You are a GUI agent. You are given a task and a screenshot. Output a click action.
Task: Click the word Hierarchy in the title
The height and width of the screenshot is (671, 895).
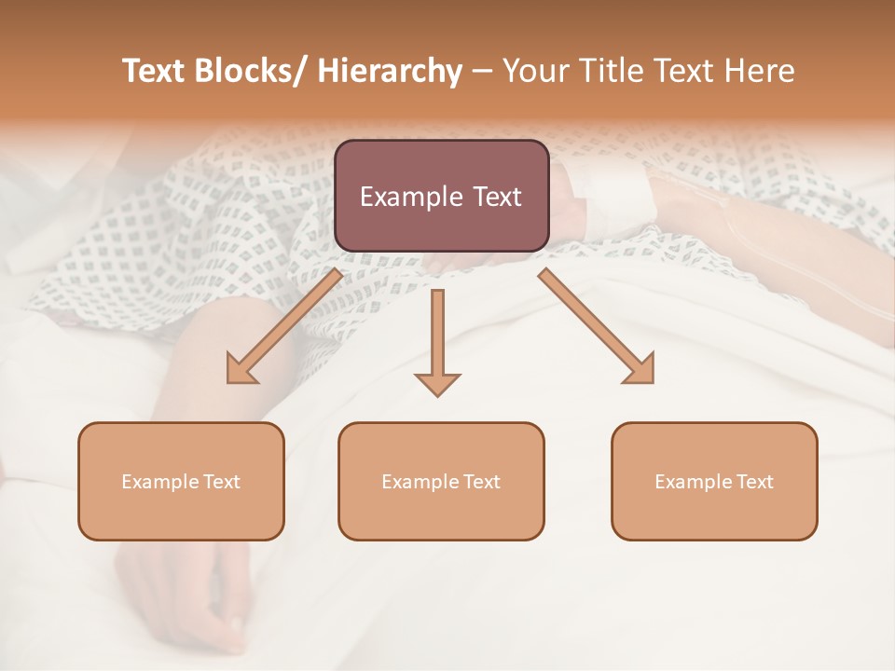(x=390, y=72)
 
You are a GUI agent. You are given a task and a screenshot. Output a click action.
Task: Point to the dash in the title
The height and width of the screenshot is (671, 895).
(x=482, y=73)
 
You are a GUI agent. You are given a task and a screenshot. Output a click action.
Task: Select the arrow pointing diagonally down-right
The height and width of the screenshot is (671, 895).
(x=598, y=327)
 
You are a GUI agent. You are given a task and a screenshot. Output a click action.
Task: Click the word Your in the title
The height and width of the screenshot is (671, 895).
(x=535, y=72)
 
